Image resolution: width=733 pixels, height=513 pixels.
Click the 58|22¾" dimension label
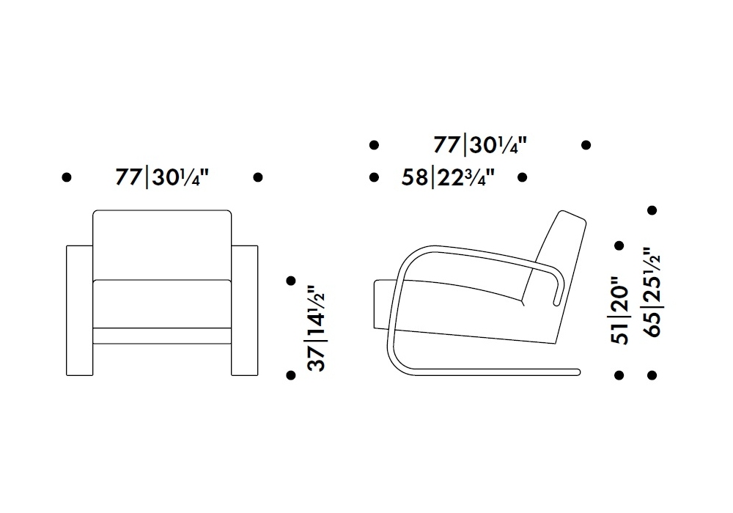tap(448, 178)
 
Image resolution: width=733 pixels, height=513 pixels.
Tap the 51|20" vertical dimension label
tap(620, 310)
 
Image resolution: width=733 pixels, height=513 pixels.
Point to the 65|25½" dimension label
tap(652, 292)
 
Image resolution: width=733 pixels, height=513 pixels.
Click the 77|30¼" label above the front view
tap(162, 178)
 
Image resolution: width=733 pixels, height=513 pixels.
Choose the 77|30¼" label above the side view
tap(479, 145)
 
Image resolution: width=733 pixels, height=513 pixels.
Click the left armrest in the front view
tap(79, 310)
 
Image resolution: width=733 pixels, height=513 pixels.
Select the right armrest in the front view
tap(245, 310)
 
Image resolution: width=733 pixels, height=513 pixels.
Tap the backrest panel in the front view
tap(162, 246)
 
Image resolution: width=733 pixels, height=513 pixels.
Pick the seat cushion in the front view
tap(162, 304)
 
